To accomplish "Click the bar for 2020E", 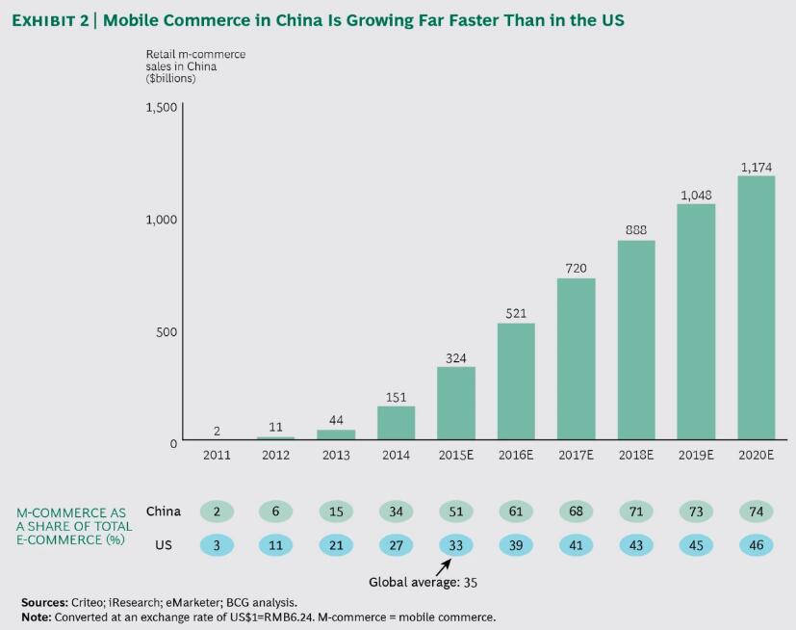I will click(756, 308).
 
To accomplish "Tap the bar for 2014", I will click(396, 423).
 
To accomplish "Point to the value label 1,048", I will click(696, 195).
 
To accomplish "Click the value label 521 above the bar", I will click(516, 314).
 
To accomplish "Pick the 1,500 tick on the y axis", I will click(162, 107).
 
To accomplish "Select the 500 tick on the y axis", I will click(167, 332).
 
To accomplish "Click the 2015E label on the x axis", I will click(455, 456).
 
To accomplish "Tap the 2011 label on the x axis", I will click(217, 456).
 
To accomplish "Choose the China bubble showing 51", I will click(455, 512).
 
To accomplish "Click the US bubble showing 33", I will click(455, 545).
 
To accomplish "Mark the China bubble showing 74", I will click(756, 512).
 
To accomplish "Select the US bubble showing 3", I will click(217, 545).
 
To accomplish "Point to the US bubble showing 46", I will click(756, 545).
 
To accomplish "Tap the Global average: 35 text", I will click(423, 583).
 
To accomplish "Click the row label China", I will click(163, 512).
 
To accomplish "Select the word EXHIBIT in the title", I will click(49, 20).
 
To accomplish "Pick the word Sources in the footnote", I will click(43, 602).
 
